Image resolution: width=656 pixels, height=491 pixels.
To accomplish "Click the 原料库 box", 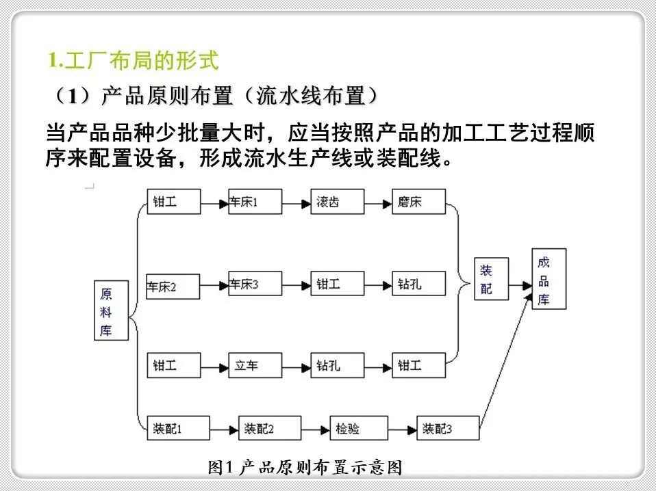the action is click(x=112, y=311).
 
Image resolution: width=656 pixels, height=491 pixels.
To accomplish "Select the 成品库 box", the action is click(x=548, y=279).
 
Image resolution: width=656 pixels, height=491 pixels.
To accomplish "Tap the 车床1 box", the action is click(x=255, y=202).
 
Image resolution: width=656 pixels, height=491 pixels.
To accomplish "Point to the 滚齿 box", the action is click(x=336, y=202).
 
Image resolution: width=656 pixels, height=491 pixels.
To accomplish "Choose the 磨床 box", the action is click(x=418, y=202).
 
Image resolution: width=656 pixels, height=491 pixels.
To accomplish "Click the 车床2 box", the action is click(x=173, y=285).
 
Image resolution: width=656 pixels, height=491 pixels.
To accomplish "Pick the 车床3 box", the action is click(x=255, y=283).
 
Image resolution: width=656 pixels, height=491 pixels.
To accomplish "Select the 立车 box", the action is click(x=255, y=365).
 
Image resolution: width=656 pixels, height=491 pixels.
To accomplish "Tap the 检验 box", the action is click(x=356, y=428).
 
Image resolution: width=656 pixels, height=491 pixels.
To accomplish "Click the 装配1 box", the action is click(x=173, y=428).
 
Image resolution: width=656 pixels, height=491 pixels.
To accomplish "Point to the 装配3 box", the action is click(x=448, y=428).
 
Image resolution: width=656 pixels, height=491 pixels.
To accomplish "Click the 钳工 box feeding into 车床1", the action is click(x=173, y=202).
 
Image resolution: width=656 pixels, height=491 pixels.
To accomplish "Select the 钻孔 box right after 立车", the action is click(x=336, y=365).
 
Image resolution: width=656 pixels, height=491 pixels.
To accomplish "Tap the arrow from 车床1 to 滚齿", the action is click(x=296, y=203).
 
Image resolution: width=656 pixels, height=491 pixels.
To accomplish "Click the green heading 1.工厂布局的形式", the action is click(x=134, y=62).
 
